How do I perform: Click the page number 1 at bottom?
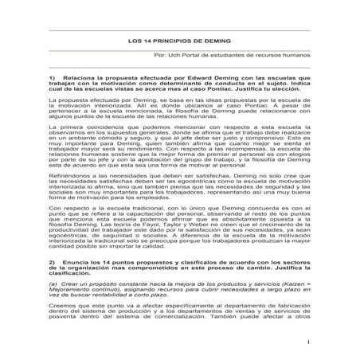click(x=305, y=342)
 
